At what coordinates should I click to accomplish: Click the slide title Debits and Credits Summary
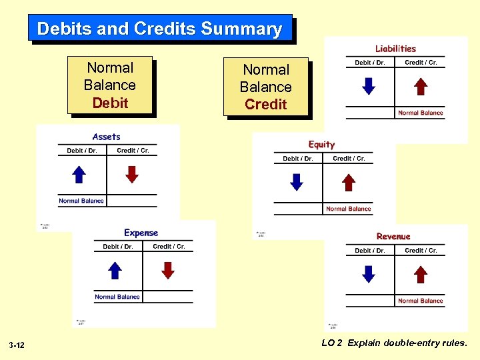(159, 29)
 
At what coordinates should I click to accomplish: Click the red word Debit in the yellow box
(110, 103)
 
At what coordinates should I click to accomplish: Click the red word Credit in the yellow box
(265, 104)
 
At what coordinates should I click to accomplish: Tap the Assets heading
(107, 137)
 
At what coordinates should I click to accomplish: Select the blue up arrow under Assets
(79, 175)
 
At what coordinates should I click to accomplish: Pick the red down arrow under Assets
(133, 175)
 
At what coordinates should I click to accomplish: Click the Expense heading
(141, 233)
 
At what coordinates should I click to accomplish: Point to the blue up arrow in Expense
(115, 270)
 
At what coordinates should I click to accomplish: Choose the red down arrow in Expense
(169, 270)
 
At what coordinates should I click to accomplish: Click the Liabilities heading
(395, 49)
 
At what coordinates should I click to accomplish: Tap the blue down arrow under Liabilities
(368, 87)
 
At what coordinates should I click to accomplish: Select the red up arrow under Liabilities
(421, 87)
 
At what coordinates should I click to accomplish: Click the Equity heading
(321, 145)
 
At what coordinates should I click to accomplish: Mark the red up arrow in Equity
(349, 183)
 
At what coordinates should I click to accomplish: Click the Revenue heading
(393, 237)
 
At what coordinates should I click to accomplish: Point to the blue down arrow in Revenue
(368, 274)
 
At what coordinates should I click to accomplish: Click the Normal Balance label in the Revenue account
(420, 301)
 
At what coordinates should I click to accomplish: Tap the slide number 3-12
(17, 345)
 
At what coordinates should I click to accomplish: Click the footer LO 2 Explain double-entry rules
(395, 343)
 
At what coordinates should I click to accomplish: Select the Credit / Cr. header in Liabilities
(421, 63)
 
